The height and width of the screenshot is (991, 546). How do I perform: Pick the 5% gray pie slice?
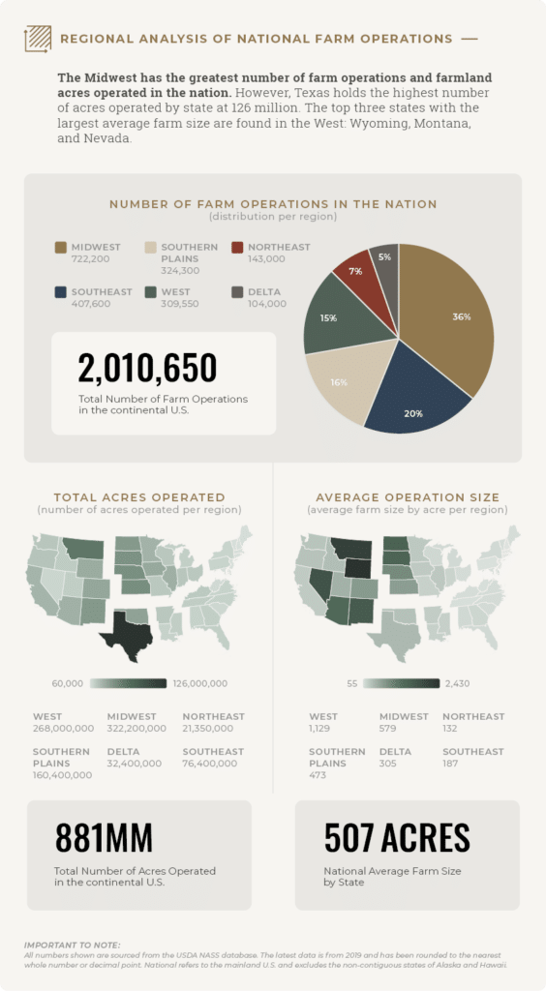(384, 259)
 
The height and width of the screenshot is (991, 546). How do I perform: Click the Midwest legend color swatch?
(61, 248)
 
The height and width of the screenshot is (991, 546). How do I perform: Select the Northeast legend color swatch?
(238, 248)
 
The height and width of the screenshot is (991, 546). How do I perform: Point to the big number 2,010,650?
(147, 369)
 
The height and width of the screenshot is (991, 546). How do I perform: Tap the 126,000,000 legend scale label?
(200, 684)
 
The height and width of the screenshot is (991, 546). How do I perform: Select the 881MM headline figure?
(104, 838)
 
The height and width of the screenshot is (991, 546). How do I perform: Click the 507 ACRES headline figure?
(397, 838)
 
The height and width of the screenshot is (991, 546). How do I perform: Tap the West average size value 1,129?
(320, 729)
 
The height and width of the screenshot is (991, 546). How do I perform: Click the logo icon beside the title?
(38, 39)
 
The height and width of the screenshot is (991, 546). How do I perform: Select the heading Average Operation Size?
(408, 497)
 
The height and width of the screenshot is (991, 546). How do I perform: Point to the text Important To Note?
(72, 945)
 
